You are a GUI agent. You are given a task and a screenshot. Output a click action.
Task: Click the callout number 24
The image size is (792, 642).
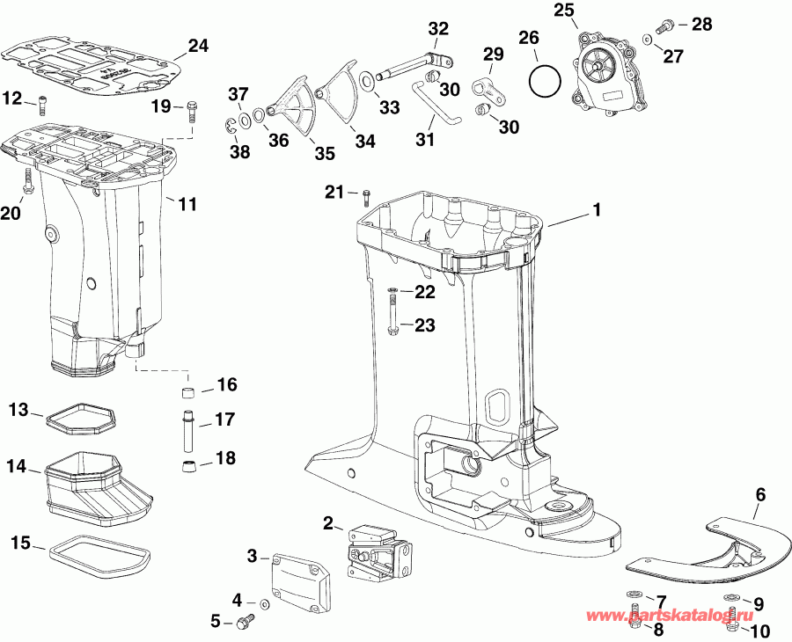(199, 45)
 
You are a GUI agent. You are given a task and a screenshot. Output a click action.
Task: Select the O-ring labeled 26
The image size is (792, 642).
(545, 82)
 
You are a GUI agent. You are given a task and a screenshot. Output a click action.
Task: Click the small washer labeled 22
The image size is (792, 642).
(392, 290)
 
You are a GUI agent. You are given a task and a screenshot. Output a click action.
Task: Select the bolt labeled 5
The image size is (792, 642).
(244, 622)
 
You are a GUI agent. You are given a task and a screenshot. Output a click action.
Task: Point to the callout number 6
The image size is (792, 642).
(760, 494)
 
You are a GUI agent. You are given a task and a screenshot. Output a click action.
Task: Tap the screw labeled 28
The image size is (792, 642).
(667, 25)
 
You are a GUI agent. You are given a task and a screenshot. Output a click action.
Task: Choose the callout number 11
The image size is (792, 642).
(187, 205)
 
